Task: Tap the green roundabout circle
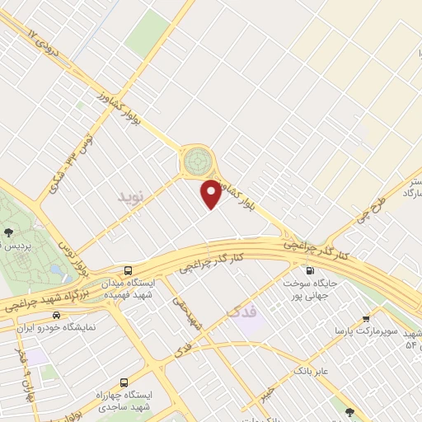pyautogui.click(x=197, y=160)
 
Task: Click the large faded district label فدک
pyautogui.click(x=240, y=312)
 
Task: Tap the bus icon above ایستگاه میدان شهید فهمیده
pyautogui.click(x=128, y=270)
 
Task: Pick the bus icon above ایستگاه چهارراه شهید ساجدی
pyautogui.click(x=124, y=382)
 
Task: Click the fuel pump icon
pyautogui.click(x=310, y=270)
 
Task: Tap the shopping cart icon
pyautogui.click(x=366, y=317)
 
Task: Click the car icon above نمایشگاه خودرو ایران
pyautogui.click(x=56, y=314)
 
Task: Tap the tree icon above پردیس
pyautogui.click(x=7, y=232)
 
